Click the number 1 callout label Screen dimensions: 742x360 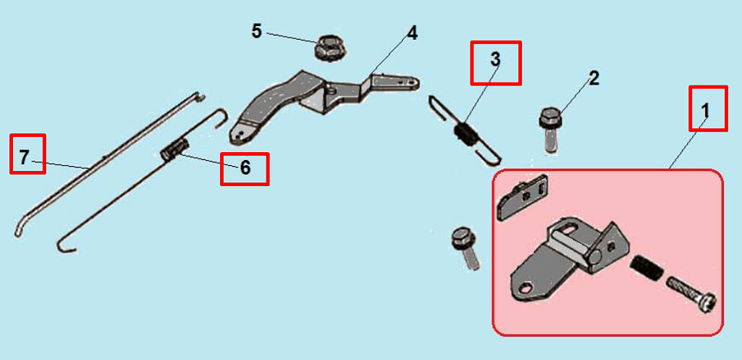(x=705, y=112)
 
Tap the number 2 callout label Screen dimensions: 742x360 (x=594, y=79)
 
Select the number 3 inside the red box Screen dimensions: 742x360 (x=495, y=59)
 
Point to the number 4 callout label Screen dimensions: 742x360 (x=412, y=33)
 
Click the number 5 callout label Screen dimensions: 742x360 (x=256, y=32)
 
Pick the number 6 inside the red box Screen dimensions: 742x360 (x=245, y=167)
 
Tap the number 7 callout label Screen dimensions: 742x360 (x=24, y=156)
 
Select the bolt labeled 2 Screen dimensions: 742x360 (x=549, y=130)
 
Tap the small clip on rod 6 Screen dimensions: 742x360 (x=174, y=150)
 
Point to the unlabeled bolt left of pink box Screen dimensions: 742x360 (x=465, y=248)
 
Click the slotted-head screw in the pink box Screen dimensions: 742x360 (x=691, y=295)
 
